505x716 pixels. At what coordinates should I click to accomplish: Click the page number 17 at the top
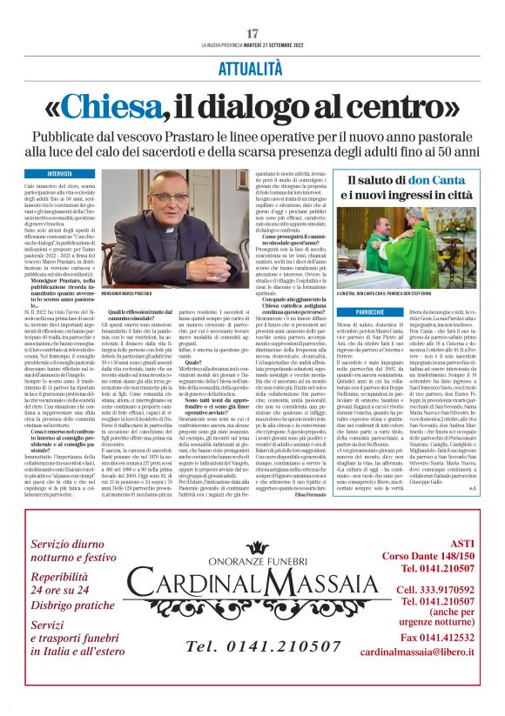252,34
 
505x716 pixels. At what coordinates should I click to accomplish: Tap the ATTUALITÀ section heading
252,67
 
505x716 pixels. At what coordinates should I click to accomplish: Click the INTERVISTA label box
61,174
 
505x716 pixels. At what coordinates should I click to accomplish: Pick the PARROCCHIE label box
370,286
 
